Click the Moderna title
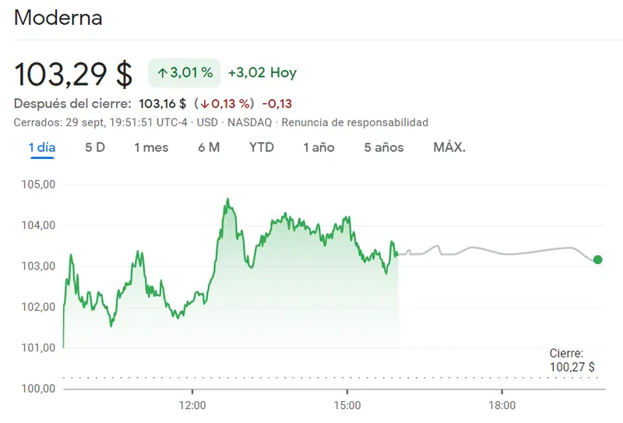(x=58, y=18)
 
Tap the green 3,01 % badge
(x=185, y=72)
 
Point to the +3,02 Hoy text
(x=262, y=73)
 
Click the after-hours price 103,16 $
(x=162, y=104)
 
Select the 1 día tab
(x=42, y=147)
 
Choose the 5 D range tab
(x=95, y=147)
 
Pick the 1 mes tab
(x=151, y=147)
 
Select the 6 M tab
(x=209, y=147)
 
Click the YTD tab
(x=262, y=147)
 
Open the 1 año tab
(x=319, y=147)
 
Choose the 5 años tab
(x=384, y=147)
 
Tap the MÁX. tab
(x=449, y=147)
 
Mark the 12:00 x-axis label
(x=192, y=405)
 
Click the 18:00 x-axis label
(x=502, y=405)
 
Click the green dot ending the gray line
(x=597, y=259)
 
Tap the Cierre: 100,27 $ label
(x=572, y=360)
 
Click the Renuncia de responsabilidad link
(x=354, y=123)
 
